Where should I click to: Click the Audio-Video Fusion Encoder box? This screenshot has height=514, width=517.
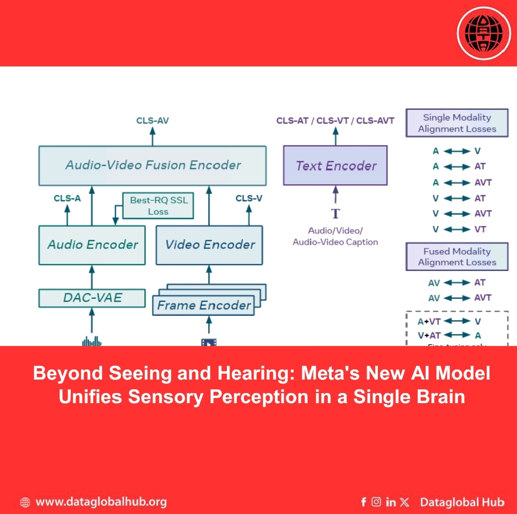(x=153, y=165)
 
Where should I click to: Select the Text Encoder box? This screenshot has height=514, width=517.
(x=336, y=165)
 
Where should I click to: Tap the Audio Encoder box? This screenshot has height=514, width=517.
(x=92, y=245)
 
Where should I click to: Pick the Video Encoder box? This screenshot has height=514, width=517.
(x=209, y=245)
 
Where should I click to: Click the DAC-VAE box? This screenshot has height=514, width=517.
(x=92, y=298)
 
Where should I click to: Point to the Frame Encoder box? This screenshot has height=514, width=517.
(x=204, y=306)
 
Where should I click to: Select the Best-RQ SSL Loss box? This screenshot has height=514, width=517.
(x=158, y=206)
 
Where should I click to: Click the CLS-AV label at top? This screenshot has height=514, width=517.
(x=153, y=120)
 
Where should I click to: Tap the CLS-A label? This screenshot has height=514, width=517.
(x=67, y=198)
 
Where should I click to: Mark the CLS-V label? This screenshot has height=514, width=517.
(x=249, y=198)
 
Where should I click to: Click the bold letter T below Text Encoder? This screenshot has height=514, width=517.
(x=336, y=214)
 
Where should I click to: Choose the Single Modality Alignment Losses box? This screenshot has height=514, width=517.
(x=457, y=123)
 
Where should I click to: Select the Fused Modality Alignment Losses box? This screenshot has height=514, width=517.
(x=457, y=257)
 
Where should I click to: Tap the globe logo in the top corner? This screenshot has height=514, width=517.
(x=484, y=33)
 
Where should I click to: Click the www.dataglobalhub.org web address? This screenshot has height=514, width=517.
(x=101, y=502)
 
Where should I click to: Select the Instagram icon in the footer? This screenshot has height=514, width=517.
(x=377, y=502)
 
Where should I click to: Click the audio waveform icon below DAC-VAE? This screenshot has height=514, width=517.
(x=92, y=341)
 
